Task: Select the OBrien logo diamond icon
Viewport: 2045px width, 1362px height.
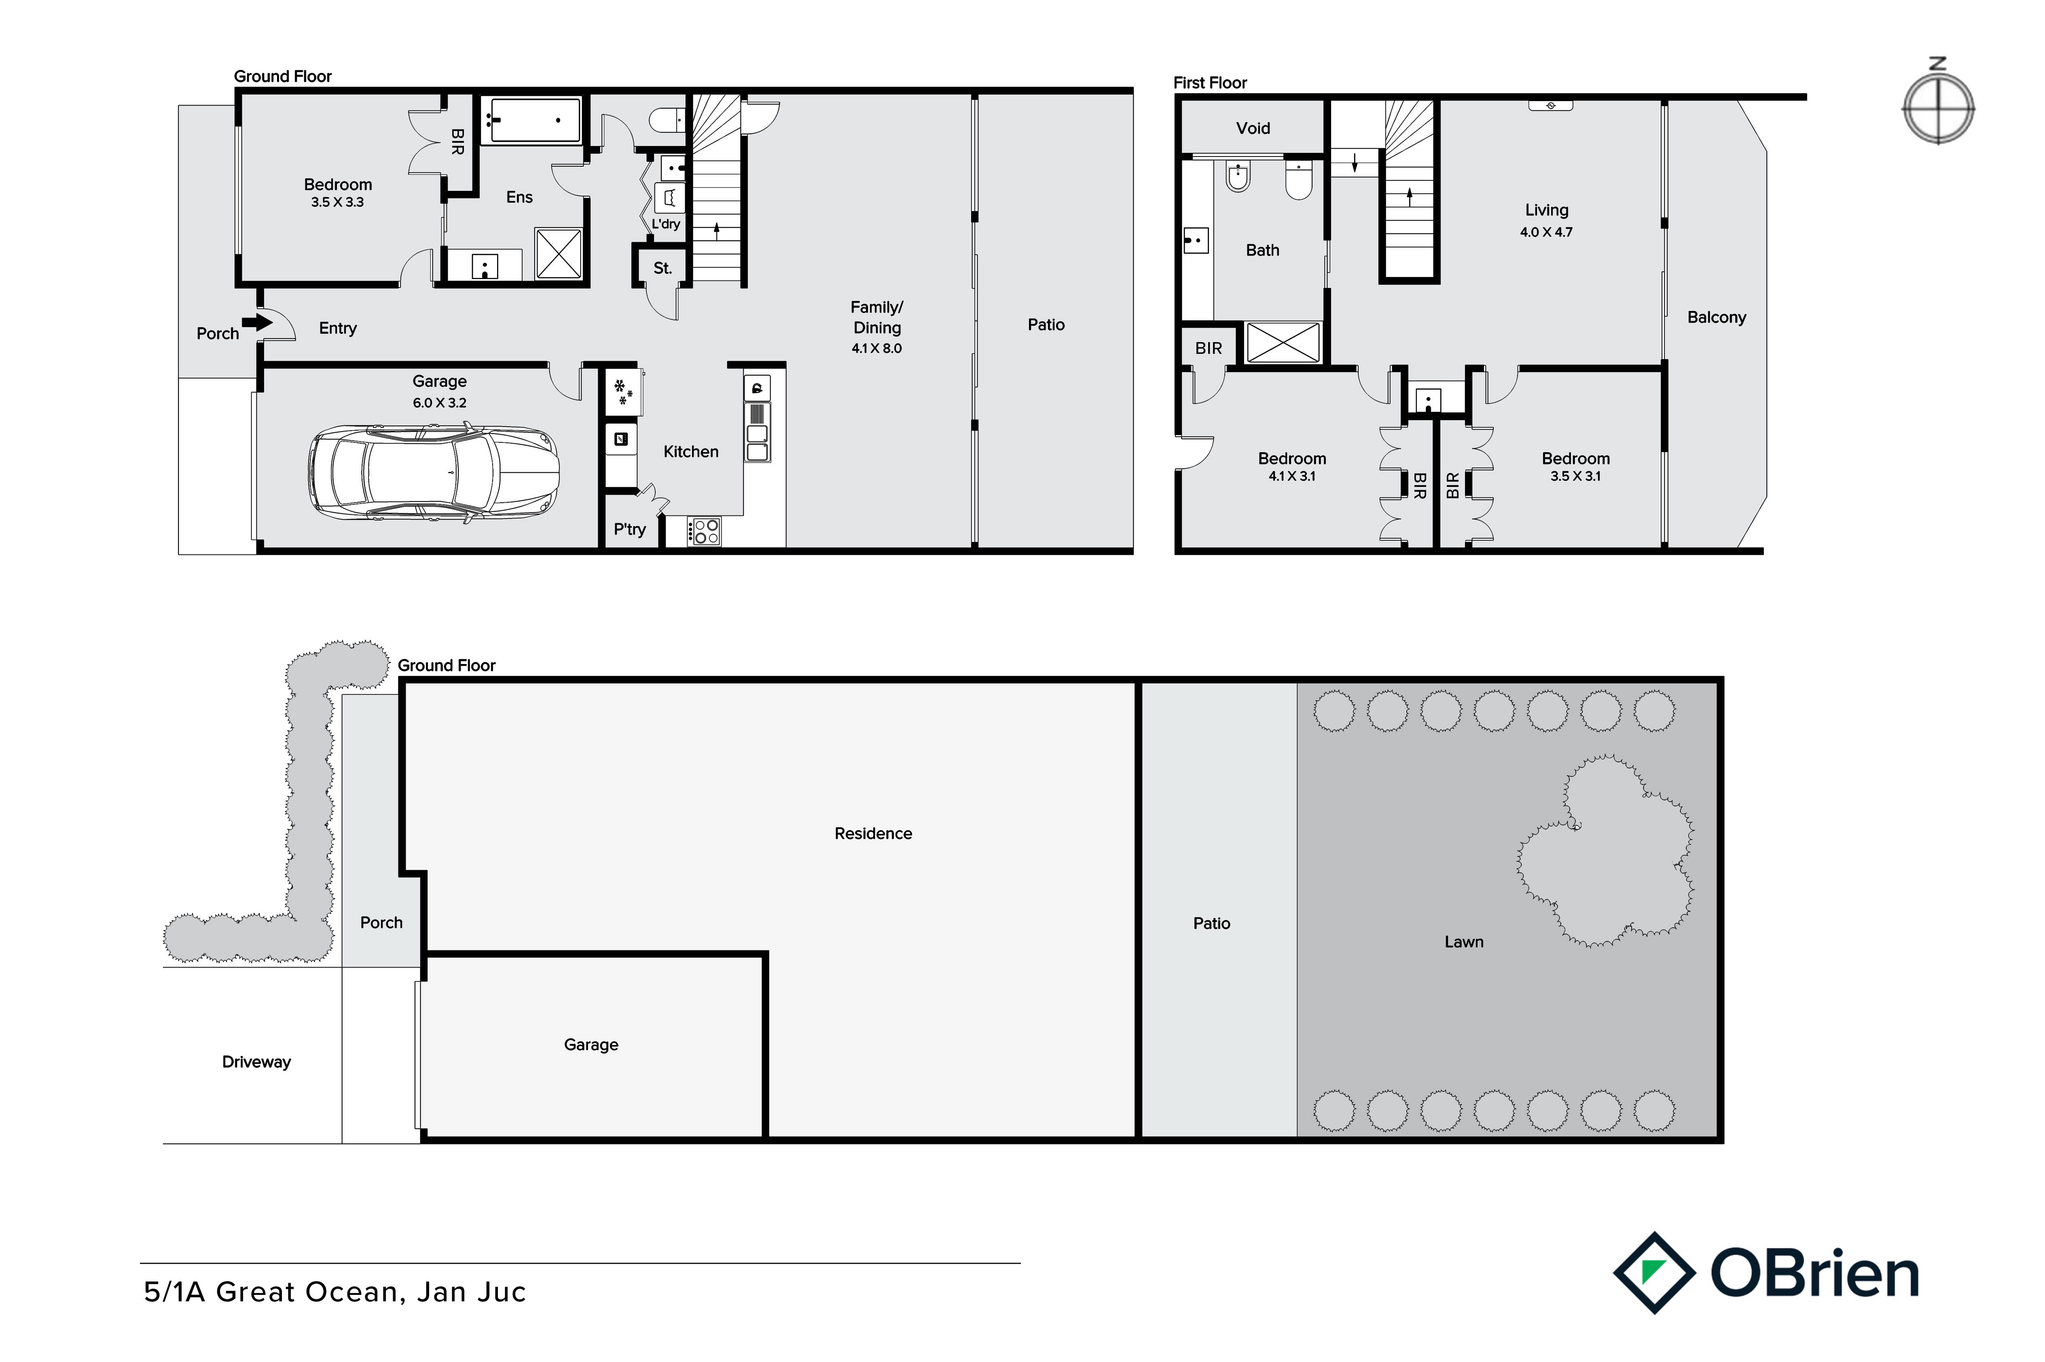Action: point(1654,1273)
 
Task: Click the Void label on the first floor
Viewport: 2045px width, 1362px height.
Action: point(1253,129)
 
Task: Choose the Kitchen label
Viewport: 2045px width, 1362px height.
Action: point(691,452)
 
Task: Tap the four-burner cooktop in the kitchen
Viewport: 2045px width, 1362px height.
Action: point(704,531)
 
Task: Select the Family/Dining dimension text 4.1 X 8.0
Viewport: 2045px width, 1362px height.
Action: point(876,348)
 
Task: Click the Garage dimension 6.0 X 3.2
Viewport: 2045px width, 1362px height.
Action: point(440,403)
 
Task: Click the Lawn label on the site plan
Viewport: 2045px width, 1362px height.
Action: point(1464,941)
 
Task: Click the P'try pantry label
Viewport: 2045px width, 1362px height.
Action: point(630,529)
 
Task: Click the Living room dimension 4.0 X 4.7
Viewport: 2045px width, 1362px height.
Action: point(1546,232)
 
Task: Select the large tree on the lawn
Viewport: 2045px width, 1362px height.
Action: point(1605,851)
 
